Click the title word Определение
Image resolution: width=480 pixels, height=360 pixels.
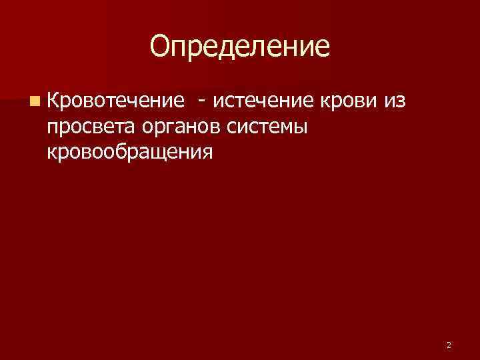pos(240,46)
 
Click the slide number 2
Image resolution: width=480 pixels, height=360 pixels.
pos(449,345)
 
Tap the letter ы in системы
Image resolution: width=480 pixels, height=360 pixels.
pos(299,127)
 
